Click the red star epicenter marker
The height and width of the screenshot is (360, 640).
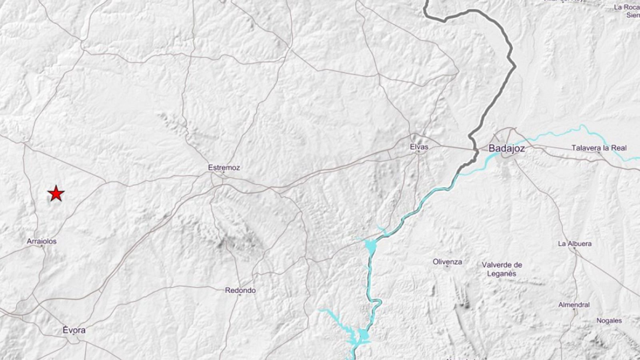tap(56, 194)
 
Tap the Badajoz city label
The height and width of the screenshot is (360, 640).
tap(506, 148)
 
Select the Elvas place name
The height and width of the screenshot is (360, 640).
tap(419, 147)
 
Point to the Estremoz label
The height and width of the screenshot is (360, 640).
tap(224, 168)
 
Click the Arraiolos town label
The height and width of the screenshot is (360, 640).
tap(42, 241)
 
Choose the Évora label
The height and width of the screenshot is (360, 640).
tap(74, 330)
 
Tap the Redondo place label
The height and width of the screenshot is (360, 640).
tap(240, 290)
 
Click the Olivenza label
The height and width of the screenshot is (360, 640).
tap(447, 262)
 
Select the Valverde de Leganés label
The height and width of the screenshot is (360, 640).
tap(502, 269)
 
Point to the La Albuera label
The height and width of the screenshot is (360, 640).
tap(574, 244)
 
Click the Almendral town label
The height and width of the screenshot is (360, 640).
tap(574, 305)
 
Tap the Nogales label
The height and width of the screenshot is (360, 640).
tap(609, 320)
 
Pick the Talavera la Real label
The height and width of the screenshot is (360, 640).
tap(599, 148)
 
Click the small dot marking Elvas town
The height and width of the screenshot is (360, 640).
tap(419, 152)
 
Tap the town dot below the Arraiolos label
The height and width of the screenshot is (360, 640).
tap(42, 246)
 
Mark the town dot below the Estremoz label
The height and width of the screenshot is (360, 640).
tap(224, 173)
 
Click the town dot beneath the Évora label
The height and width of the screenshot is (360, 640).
tap(75, 336)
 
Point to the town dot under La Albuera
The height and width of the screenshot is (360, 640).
tap(574, 249)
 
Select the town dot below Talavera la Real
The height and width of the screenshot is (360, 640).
tap(599, 153)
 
